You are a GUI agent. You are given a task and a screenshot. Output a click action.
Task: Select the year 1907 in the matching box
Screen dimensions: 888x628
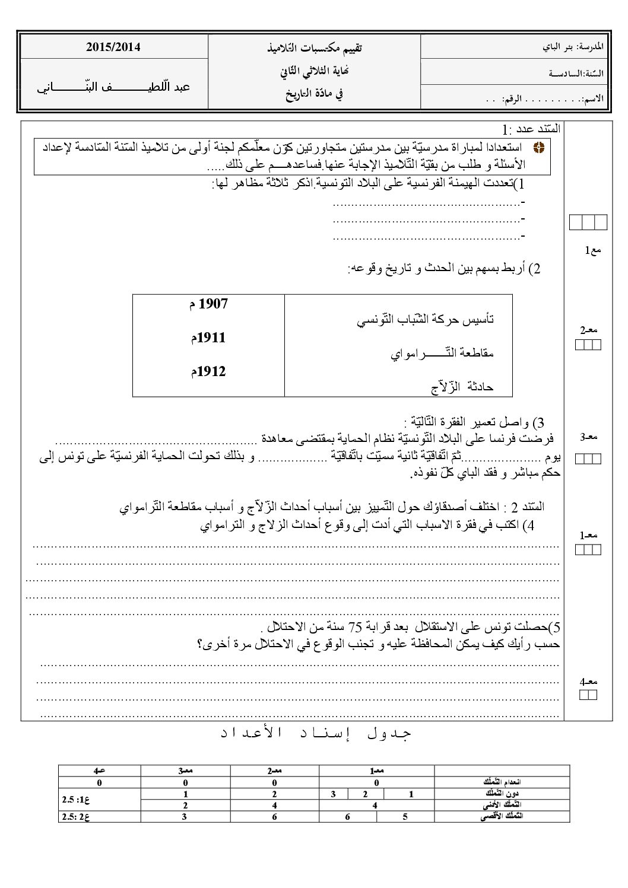pyautogui.click(x=208, y=304)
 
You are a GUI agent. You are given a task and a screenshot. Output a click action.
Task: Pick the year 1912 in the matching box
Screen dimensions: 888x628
pyautogui.click(x=208, y=372)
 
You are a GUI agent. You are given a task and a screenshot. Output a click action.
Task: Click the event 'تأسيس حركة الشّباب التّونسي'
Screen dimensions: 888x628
pyautogui.click(x=426, y=320)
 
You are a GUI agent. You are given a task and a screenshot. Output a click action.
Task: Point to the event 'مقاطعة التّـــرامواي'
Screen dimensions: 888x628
pyautogui.click(x=442, y=354)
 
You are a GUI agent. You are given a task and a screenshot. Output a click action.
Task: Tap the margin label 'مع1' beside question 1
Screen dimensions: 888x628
pyautogui.click(x=593, y=251)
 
